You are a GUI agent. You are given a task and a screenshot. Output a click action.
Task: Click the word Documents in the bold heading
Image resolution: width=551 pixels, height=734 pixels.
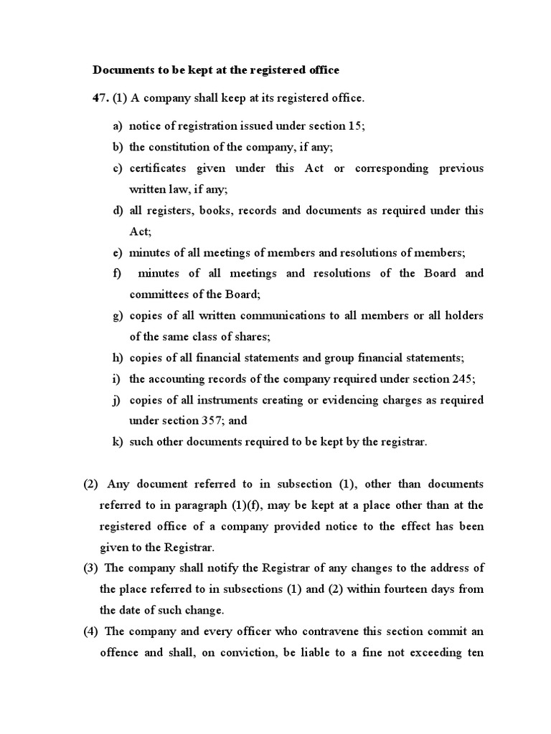[124, 70]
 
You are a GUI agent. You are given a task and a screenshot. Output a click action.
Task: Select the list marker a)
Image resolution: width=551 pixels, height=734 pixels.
[118, 125]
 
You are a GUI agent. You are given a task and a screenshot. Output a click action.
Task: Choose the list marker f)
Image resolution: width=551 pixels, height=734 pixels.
[117, 273]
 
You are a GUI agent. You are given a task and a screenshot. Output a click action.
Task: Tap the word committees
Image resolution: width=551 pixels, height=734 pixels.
[159, 294]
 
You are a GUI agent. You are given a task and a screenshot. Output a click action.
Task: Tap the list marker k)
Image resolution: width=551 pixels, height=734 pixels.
[118, 442]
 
